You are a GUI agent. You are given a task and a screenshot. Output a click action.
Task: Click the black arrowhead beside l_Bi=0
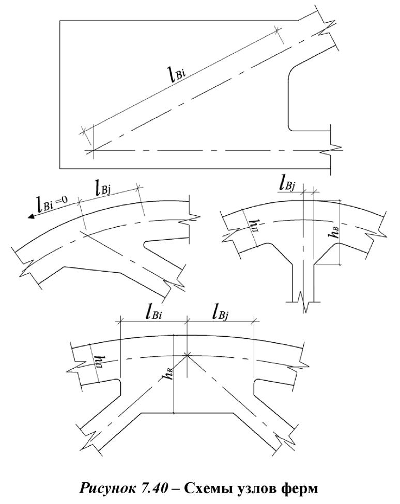click(x=32, y=216)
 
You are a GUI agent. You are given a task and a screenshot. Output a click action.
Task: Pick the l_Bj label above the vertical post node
click(x=287, y=183)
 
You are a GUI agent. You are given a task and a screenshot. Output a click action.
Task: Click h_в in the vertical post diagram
click(x=333, y=231)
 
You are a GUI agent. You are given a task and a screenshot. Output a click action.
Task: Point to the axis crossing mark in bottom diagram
click(x=187, y=355)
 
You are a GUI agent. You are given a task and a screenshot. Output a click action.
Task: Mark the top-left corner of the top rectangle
click(x=60, y=21)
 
